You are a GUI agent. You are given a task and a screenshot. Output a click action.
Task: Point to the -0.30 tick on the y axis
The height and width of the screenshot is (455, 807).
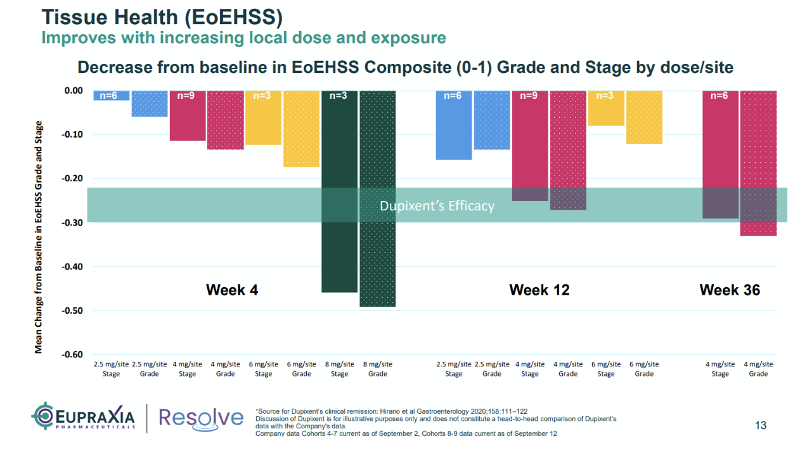pos(74,222)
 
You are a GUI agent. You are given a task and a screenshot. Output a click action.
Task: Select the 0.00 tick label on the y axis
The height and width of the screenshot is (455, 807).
pos(74,91)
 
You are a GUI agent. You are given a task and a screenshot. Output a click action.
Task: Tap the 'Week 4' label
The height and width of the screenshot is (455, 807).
pos(232,290)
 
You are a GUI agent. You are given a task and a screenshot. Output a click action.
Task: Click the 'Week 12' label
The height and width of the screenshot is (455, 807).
pos(539,290)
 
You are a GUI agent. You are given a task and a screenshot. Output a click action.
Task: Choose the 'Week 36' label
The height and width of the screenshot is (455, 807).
pos(730,290)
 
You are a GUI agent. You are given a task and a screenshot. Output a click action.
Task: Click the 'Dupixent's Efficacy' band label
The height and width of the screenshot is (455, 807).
pos(437,206)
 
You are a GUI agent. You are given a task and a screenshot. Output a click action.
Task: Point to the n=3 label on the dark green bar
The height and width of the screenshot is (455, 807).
pos(339,96)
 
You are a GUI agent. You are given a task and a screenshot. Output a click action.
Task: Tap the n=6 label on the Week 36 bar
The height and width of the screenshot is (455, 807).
pos(720,96)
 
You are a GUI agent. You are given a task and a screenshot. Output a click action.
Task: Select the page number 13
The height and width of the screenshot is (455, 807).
pos(761,425)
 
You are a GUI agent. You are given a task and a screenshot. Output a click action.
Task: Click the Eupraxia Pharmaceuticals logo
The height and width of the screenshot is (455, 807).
pos(84,417)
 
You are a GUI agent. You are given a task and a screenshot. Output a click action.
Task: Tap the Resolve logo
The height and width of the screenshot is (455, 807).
pos(200,418)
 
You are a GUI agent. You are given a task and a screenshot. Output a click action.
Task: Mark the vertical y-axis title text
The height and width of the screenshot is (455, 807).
pos(39,237)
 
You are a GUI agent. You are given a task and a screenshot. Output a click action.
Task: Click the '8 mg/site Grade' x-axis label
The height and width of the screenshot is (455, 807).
pos(377,369)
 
